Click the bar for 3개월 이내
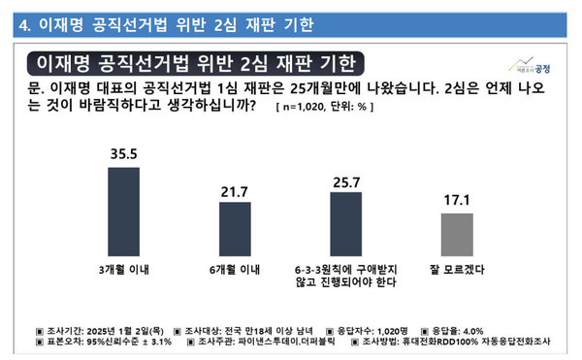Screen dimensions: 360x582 (x=121, y=209)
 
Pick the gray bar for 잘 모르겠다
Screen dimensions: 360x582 (x=456, y=234)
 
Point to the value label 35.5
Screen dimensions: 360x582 (x=121, y=151)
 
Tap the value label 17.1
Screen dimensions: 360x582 (x=456, y=201)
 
